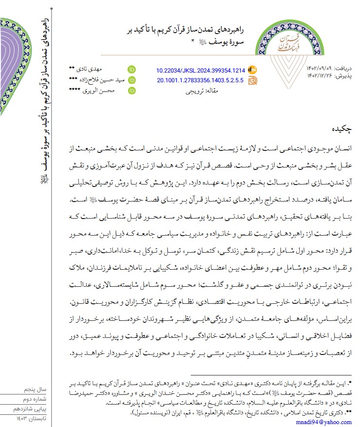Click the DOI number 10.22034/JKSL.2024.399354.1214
pyautogui.click(x=200, y=70)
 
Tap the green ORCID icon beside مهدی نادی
pyautogui.click(x=131, y=70)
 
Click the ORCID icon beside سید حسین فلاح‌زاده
pyautogui.click(x=131, y=80)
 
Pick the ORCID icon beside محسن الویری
pyautogui.click(x=131, y=91)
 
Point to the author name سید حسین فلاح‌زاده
pyautogui.click(x=100, y=80)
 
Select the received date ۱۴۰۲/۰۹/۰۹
pyautogui.click(x=319, y=68)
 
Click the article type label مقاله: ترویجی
pyautogui.click(x=200, y=91)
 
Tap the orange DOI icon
pyautogui.click(x=252, y=70)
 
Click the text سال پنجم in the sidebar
pyautogui.click(x=36, y=390)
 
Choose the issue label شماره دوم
pyautogui.click(x=35, y=399)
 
